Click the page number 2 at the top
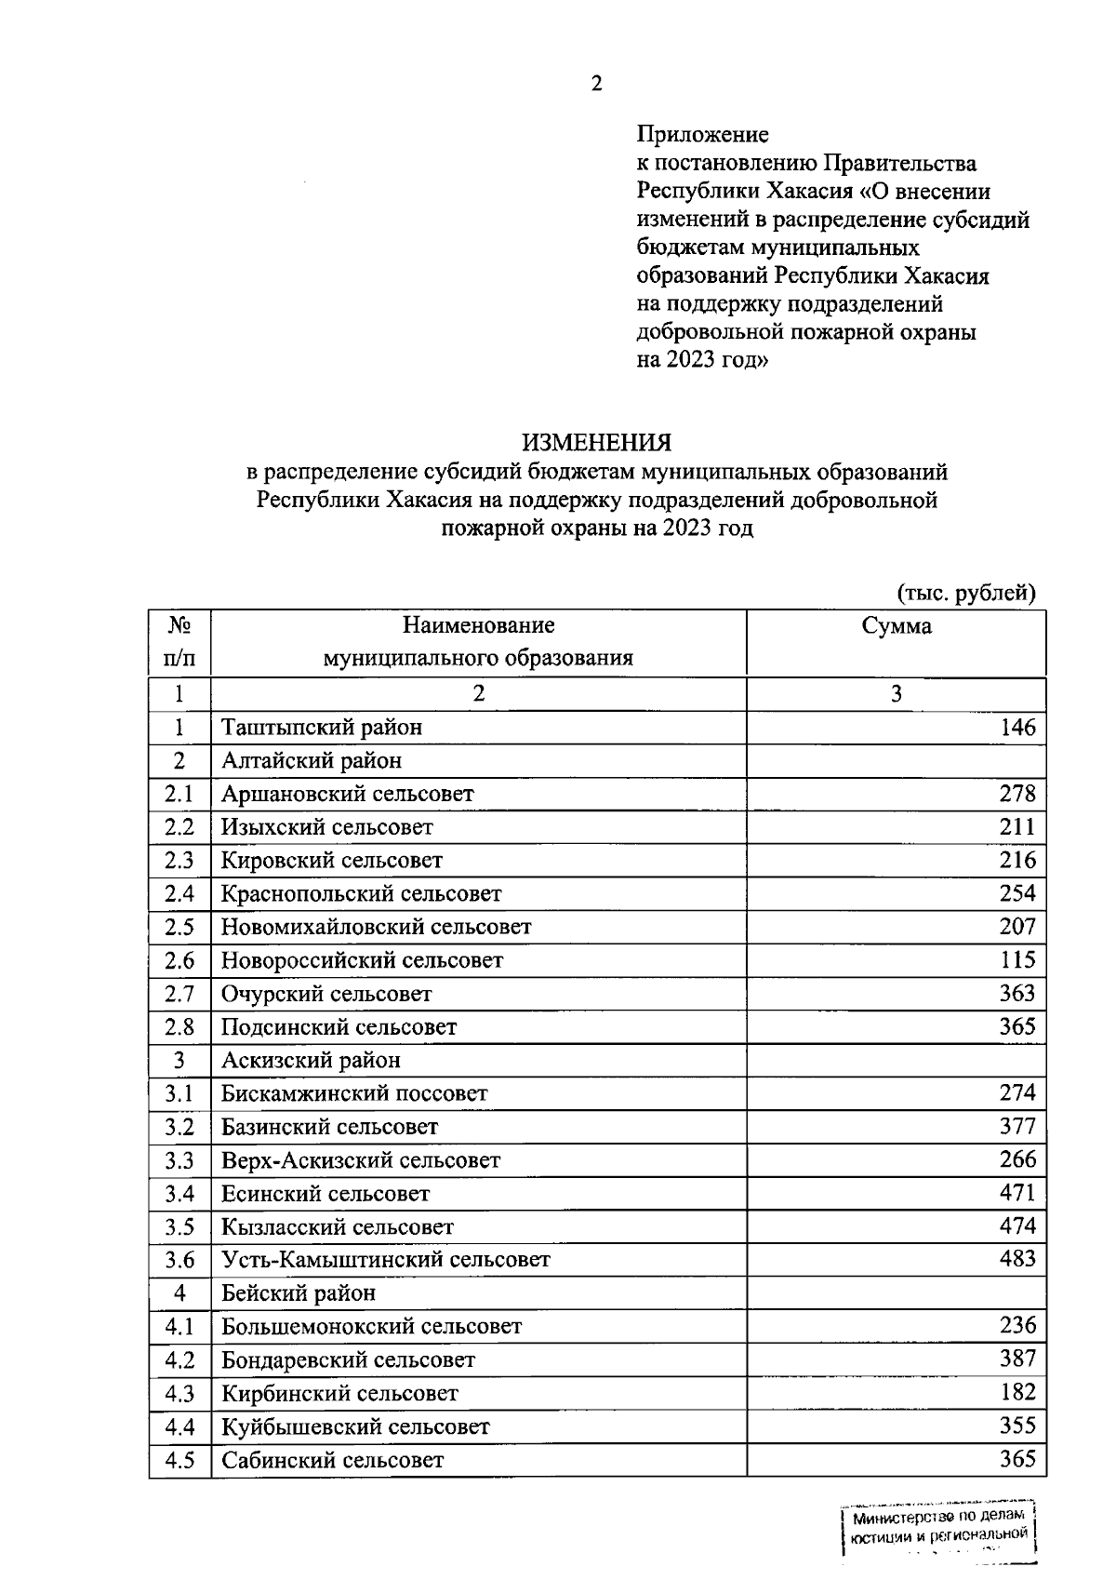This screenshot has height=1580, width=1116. coord(596,84)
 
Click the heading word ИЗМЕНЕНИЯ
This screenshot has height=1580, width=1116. coord(596,441)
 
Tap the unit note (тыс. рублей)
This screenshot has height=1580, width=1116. coord(965,593)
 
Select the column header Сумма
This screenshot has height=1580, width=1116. coord(896,626)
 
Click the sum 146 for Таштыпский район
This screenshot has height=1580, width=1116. coord(1017,727)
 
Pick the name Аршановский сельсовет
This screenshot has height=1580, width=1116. coord(347,794)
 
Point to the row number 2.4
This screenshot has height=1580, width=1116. coord(179,893)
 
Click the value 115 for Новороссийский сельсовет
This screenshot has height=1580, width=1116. coord(1017,959)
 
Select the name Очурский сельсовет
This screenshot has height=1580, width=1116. coord(326,994)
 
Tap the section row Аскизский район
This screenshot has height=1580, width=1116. coord(311,1060)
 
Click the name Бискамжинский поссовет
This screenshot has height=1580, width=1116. coord(354,1093)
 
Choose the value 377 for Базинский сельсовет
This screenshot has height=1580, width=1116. coord(1017,1126)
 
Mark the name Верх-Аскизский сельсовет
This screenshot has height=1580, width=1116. coord(361,1160)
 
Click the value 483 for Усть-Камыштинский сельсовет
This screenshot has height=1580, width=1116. coord(1017,1259)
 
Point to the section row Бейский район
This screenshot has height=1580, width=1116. coord(299,1292)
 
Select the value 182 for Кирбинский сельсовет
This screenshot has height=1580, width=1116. coord(1017,1392)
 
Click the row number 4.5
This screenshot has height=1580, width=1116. coord(179,1459)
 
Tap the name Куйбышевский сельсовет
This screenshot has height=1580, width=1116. coord(355,1426)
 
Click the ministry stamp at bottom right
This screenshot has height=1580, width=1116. coord(939,1532)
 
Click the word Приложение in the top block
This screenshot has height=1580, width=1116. coord(702,135)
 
